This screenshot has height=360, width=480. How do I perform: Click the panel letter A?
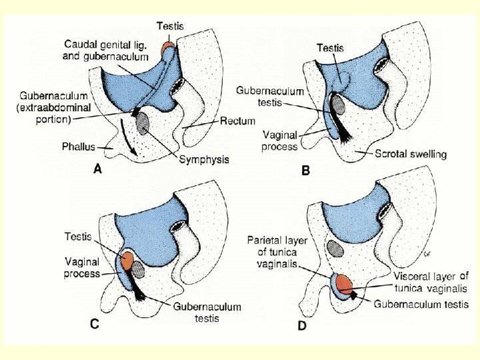tap(97, 170)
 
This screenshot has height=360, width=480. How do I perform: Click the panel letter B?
tap(306, 171)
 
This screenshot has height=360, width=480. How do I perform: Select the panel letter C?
tap(96, 325)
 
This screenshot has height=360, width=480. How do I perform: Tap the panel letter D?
tap(303, 327)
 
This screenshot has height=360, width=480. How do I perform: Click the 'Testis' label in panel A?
tap(171, 27)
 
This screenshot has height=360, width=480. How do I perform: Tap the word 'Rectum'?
tap(237, 121)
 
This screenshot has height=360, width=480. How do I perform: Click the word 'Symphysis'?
tap(204, 159)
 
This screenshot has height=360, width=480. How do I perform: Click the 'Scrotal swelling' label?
tap(410, 154)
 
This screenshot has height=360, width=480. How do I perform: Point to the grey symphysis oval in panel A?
tap(143, 122)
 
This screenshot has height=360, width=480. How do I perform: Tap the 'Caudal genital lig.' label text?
tap(106, 44)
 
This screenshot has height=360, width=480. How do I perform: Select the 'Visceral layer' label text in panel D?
tap(431, 276)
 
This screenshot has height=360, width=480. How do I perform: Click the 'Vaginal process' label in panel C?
tap(82, 268)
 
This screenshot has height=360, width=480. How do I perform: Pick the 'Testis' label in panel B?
tap(330, 48)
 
